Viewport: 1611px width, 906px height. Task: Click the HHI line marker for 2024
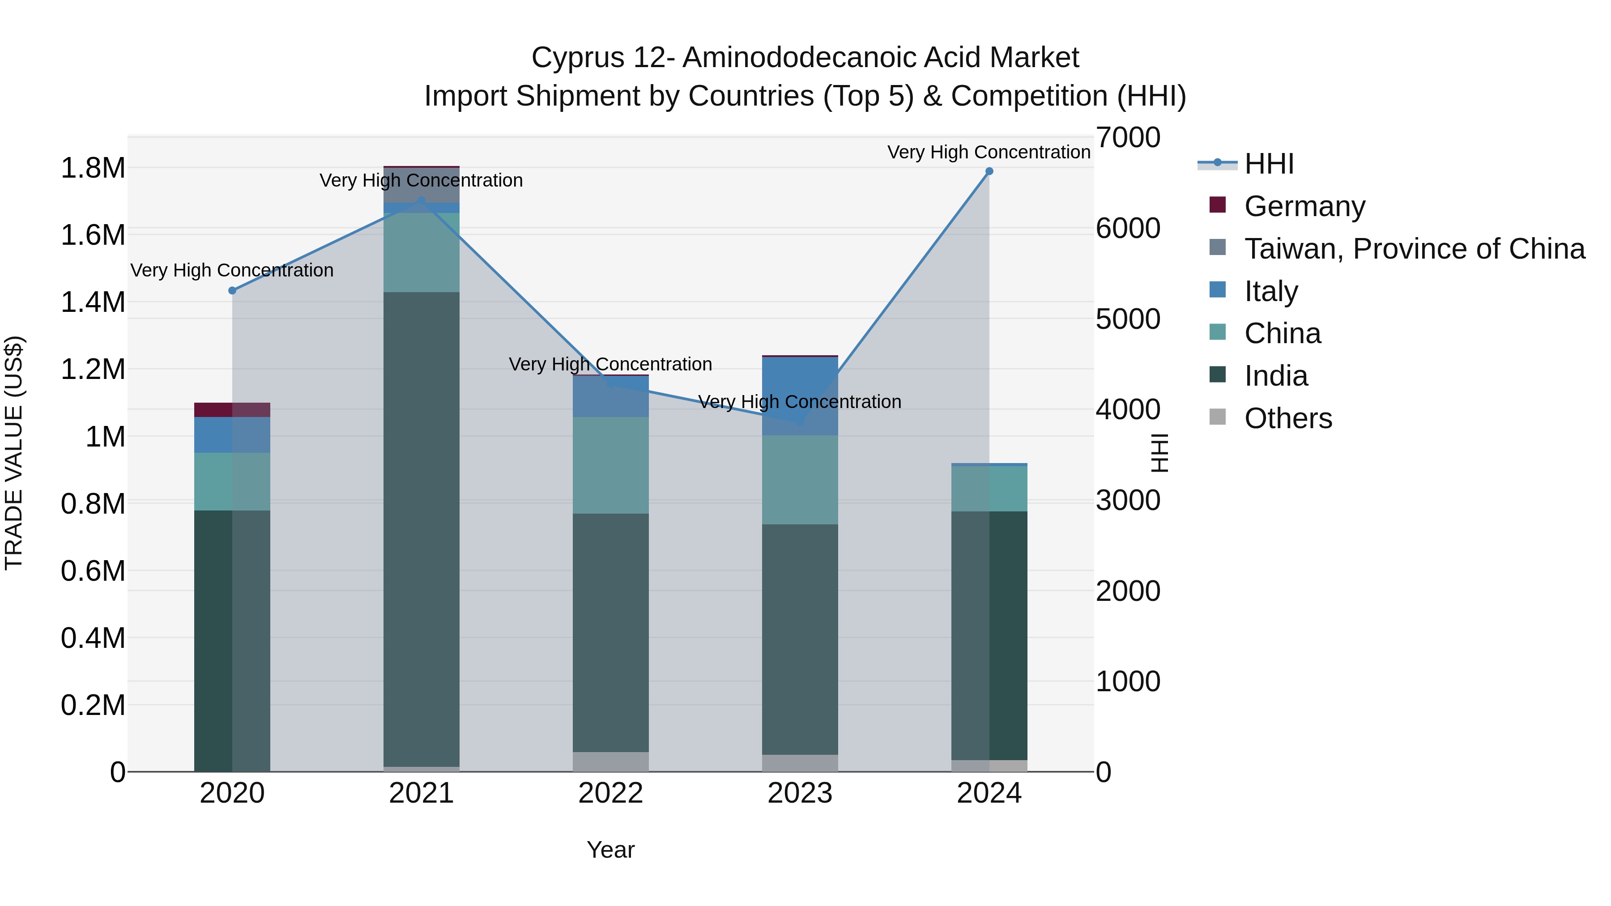[989, 171]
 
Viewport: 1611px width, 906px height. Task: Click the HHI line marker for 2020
[232, 291]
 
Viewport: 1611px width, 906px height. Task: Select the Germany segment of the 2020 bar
[232, 409]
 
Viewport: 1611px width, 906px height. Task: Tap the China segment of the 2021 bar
[421, 253]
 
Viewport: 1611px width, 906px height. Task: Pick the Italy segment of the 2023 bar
[800, 396]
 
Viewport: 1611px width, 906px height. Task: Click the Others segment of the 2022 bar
[610, 761]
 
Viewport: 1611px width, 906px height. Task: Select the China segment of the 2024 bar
[989, 488]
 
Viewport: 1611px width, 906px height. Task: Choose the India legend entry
[1275, 376]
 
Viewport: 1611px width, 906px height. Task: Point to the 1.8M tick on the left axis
[93, 168]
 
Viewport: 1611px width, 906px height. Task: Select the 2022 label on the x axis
[610, 793]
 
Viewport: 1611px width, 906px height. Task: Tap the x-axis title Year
[610, 850]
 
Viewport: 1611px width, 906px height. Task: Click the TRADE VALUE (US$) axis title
[14, 453]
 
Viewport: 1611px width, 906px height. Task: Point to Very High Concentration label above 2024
[988, 152]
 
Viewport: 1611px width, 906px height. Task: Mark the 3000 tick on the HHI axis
[1128, 500]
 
